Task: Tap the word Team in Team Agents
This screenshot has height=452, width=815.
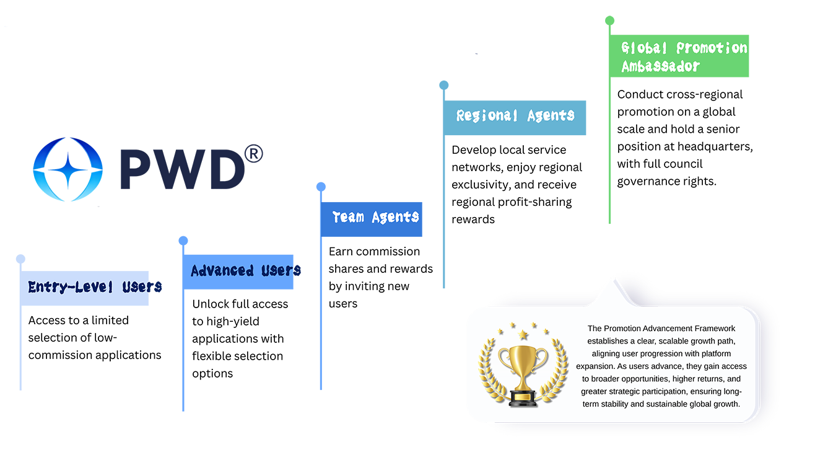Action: click(x=348, y=217)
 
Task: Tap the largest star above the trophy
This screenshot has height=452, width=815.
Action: click(x=523, y=335)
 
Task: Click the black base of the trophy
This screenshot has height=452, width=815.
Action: click(x=523, y=397)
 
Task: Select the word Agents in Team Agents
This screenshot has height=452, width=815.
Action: click(x=396, y=217)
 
